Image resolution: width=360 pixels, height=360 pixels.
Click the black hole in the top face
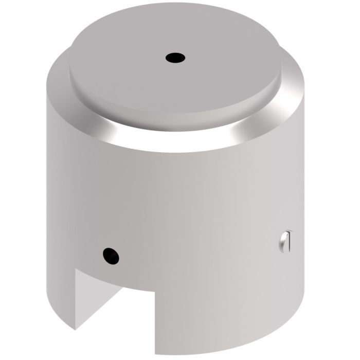[175, 59]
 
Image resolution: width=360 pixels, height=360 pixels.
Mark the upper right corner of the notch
[156, 293]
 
